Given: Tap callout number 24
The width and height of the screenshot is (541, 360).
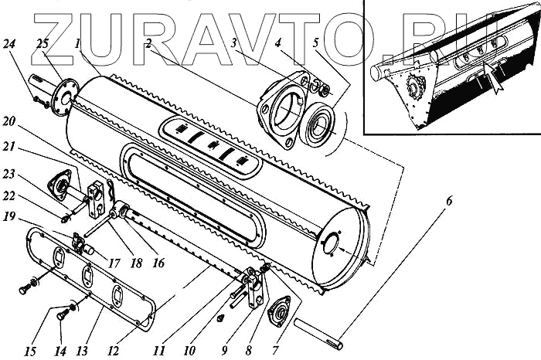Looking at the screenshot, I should [x=30, y=43].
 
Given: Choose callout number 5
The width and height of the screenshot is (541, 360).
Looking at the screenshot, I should [x=315, y=43].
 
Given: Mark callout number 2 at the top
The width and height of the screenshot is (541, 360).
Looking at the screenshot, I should [x=147, y=43].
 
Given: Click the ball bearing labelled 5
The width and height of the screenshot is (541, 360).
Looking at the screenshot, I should [x=318, y=127].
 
